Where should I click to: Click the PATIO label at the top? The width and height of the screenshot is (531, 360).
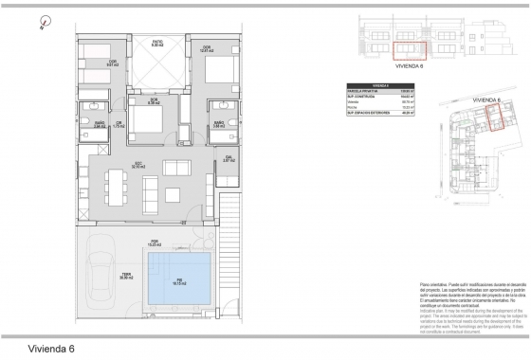point(159,42)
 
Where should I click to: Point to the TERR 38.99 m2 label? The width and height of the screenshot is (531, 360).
point(125,277)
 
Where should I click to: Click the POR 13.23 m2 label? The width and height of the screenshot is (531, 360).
point(155,243)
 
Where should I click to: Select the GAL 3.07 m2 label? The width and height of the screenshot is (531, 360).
point(229,159)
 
